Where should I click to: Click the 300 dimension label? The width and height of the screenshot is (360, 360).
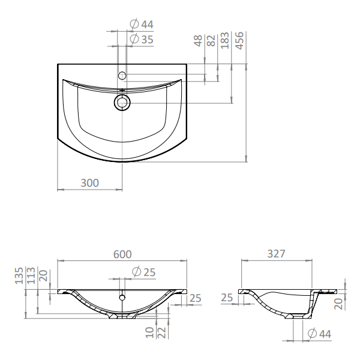pyautogui.click(x=90, y=183)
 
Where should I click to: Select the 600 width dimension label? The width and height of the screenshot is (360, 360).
pyautogui.click(x=122, y=254)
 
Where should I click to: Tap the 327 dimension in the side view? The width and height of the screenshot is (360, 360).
pyautogui.click(x=277, y=254)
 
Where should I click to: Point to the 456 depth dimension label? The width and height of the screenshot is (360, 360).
pyautogui.click(x=239, y=40)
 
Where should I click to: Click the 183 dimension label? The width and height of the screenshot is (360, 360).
pyautogui.click(x=225, y=40)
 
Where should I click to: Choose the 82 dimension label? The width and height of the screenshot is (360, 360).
pyautogui.click(x=211, y=40)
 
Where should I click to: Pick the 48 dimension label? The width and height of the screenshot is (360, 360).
pyautogui.click(x=198, y=40)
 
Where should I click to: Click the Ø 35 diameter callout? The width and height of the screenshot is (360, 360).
pyautogui.click(x=142, y=39)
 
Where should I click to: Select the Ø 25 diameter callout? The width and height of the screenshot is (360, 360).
pyautogui.click(x=144, y=272)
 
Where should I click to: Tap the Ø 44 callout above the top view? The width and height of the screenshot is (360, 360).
pyautogui.click(x=142, y=24)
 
